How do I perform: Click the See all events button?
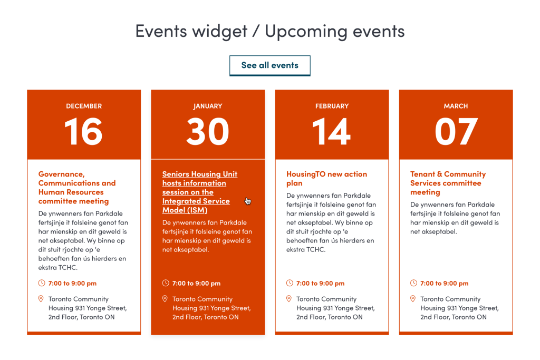tap(269, 65)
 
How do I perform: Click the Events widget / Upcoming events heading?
tap(269, 31)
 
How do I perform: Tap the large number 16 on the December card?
tap(84, 131)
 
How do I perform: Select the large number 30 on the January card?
tap(208, 131)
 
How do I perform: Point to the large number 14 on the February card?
tap(331, 131)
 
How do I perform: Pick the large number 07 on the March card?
tap(456, 131)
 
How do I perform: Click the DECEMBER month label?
tap(84, 106)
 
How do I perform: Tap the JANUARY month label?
tap(208, 106)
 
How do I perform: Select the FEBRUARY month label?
tap(332, 106)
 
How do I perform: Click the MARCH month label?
tap(456, 106)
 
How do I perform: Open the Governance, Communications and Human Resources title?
tap(77, 188)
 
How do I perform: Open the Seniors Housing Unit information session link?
tap(200, 192)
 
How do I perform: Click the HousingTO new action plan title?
tap(326, 179)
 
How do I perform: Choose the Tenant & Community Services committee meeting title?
tap(448, 183)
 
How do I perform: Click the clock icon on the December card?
tap(42, 283)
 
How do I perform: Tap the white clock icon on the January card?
tap(166, 283)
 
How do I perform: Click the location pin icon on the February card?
tap(289, 299)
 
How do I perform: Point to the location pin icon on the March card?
tap(413, 299)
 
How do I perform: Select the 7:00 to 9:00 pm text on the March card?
tap(444, 283)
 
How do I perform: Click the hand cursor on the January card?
tap(248, 201)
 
